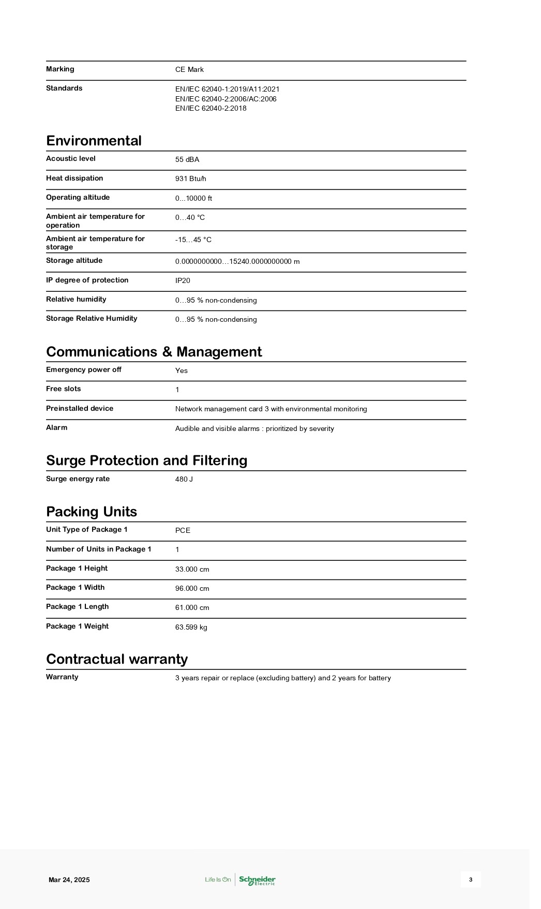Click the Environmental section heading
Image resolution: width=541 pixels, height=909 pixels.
click(94, 141)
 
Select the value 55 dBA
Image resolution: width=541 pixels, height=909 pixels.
click(187, 159)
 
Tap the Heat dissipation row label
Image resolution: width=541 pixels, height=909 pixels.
click(74, 178)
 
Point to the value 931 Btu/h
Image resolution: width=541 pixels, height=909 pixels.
click(190, 178)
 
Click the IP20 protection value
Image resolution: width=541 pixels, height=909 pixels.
click(183, 280)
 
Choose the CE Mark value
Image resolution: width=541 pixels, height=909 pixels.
click(189, 69)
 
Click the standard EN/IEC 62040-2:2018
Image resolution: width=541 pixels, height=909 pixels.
click(211, 108)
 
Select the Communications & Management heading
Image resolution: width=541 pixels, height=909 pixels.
click(154, 352)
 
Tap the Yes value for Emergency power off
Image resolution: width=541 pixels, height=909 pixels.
click(182, 370)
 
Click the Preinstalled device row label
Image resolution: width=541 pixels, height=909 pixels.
click(80, 408)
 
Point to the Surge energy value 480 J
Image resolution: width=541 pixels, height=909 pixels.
click(184, 479)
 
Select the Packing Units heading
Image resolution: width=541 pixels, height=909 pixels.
click(92, 512)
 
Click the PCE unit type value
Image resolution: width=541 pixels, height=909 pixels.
click(183, 530)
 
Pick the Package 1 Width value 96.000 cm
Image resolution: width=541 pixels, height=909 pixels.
click(192, 588)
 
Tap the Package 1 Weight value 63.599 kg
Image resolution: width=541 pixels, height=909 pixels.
click(191, 627)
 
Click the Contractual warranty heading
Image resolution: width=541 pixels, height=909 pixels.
click(117, 659)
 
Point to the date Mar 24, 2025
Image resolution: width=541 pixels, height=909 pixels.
click(69, 880)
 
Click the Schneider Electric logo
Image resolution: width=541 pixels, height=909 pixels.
click(257, 880)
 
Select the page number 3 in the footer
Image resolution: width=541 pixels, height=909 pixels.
click(471, 880)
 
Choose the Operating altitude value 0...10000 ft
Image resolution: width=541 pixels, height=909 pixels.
click(193, 198)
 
